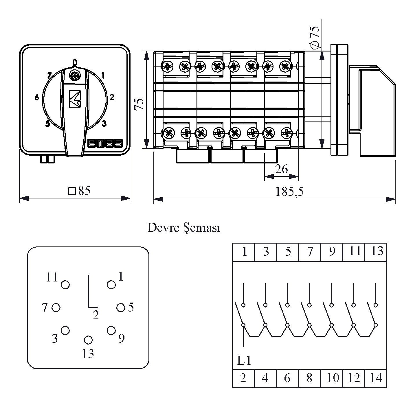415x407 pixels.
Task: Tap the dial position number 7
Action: point(50,75)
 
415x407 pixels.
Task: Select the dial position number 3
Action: point(104,123)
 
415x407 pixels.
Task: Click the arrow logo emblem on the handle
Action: point(75,99)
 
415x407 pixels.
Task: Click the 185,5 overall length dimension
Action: point(289,191)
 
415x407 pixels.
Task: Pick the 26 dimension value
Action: point(281,169)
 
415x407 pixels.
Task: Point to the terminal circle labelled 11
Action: point(65,285)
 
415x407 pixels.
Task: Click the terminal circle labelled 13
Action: point(88,340)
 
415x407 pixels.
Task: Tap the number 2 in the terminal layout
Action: point(96,315)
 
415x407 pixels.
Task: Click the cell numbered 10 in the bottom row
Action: point(332,378)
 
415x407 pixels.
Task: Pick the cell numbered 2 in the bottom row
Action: point(243,378)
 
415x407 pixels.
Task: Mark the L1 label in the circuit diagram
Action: point(244,361)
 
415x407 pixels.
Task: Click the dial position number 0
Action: point(75,62)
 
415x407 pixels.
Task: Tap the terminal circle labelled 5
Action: point(121,308)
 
